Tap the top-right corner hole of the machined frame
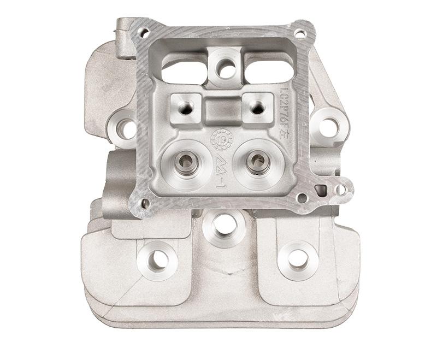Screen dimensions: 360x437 pos(299,33)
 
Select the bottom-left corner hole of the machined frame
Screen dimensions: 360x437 pos(145,203)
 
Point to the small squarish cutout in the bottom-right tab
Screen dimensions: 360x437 pos(321,189)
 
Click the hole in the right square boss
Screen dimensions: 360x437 pos(256,107)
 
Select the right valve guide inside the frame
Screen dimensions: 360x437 pos(256,160)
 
